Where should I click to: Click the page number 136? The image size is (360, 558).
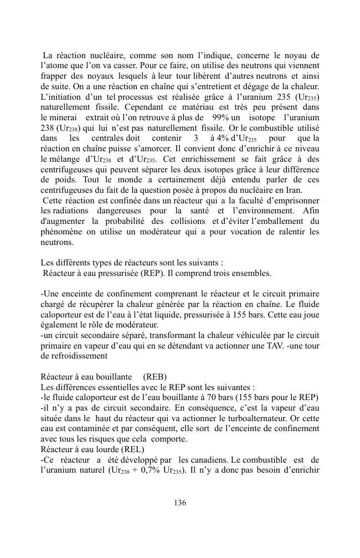[179, 503]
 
